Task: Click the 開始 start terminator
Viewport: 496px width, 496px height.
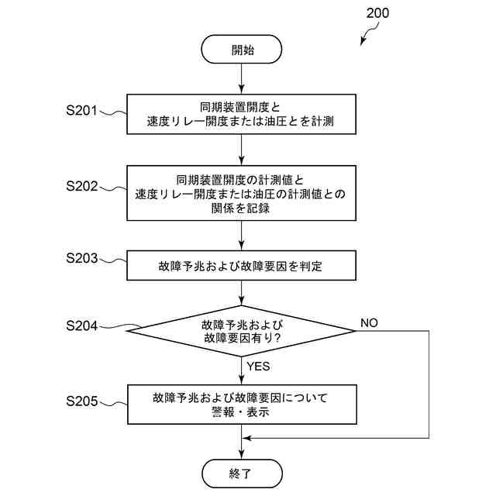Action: tap(242, 50)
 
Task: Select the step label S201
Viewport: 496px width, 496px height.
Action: tap(81, 111)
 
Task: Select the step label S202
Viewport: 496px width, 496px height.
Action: tap(81, 186)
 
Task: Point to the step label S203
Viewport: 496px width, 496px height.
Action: tap(81, 259)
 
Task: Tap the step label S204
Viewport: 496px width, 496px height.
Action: tap(81, 326)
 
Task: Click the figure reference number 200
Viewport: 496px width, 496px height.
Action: tap(376, 13)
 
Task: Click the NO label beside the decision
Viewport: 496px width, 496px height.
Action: tap(369, 322)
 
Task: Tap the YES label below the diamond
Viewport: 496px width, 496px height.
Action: tap(258, 366)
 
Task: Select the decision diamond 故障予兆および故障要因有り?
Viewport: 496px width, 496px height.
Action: tap(242, 330)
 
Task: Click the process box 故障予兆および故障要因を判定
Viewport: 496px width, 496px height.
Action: tap(242, 266)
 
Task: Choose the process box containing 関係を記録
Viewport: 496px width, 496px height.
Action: tap(242, 193)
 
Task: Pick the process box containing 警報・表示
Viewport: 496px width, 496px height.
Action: tap(242, 405)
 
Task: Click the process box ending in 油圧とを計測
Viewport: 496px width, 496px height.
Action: tap(242, 115)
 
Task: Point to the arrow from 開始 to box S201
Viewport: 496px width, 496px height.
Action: tap(242, 80)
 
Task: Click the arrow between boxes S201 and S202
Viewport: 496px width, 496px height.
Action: tap(242, 149)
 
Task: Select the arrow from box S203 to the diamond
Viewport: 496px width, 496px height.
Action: tap(242, 291)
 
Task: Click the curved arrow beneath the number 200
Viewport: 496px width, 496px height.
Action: tap(369, 34)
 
